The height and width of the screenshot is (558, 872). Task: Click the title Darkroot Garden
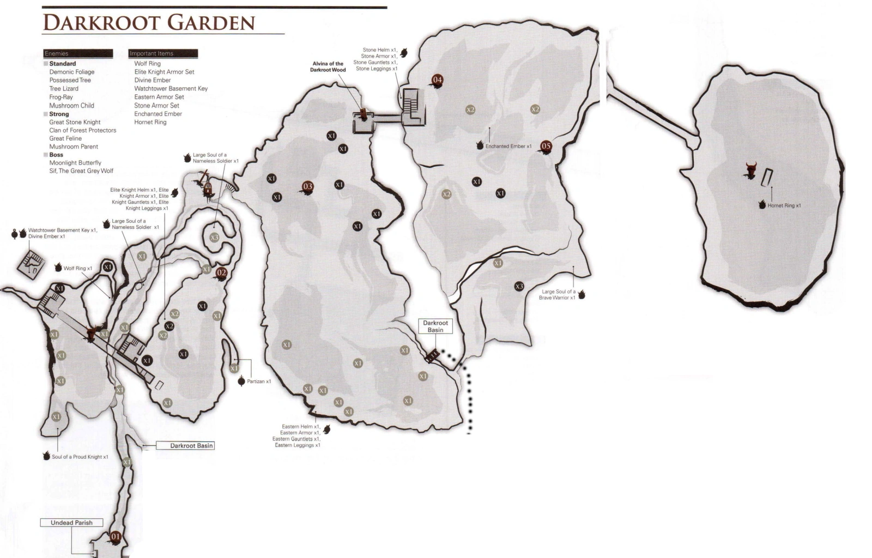coord(149,23)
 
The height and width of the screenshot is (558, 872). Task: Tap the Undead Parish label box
coord(71,523)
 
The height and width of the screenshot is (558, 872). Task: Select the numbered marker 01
coord(116,537)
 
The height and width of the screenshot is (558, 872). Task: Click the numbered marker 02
coord(221,273)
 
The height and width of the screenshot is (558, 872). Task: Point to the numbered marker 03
coord(308,187)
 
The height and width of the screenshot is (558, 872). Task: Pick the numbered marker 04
coord(437,80)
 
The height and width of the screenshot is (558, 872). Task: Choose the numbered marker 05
coord(546,146)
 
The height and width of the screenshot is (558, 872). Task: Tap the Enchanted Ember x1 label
coord(508,146)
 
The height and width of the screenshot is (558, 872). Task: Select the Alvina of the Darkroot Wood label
coord(328,66)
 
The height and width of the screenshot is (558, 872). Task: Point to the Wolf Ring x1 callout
coord(77,268)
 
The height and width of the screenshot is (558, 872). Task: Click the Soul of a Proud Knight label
coord(80,457)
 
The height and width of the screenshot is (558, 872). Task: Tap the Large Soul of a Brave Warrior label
coord(557,294)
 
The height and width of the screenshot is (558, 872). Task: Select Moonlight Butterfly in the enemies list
coord(75,162)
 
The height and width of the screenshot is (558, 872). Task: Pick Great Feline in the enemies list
coord(65,138)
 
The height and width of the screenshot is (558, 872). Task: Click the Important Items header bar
coord(163,53)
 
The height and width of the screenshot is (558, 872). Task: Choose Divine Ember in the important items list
coord(153,80)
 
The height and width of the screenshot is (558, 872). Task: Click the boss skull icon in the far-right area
coord(751,171)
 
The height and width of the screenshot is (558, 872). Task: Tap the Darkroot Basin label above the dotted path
coord(435,326)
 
